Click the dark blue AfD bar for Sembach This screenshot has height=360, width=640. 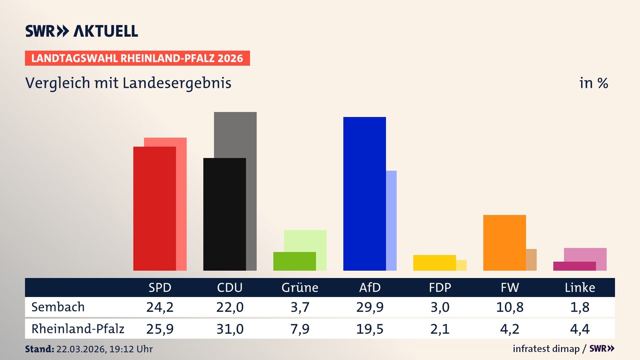(x=364, y=193)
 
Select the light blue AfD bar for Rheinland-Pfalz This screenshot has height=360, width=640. (x=391, y=220)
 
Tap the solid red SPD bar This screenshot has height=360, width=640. (x=154, y=208)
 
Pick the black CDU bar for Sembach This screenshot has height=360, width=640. (x=224, y=214)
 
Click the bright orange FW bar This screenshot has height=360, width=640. (x=504, y=243)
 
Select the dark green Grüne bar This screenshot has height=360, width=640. (x=294, y=261)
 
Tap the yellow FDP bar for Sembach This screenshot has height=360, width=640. (x=434, y=263)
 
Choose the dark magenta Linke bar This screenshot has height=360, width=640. (x=574, y=266)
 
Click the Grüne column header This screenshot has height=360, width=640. (x=300, y=287)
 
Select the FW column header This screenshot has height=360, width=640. (x=510, y=287)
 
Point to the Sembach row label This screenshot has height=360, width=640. (x=58, y=307)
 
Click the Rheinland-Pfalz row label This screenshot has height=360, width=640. (x=78, y=329)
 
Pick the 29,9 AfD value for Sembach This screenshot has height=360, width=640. (x=370, y=307)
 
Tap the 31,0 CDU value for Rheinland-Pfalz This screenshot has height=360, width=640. (x=230, y=329)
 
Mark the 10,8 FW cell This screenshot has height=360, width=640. (x=510, y=307)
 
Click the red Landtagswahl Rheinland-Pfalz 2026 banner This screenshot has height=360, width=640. (x=137, y=58)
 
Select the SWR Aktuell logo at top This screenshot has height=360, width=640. (x=82, y=31)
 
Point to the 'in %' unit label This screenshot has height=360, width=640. (x=594, y=83)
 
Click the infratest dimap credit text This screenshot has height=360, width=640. (x=546, y=349)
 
